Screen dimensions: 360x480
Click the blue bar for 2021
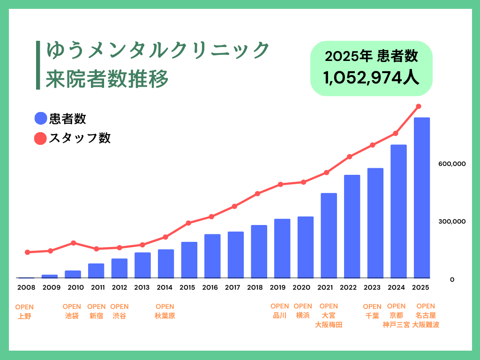click(x=329, y=235)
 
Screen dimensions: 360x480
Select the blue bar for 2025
click(x=422, y=197)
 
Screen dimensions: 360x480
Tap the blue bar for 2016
click(x=212, y=256)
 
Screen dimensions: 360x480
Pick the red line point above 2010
click(x=74, y=243)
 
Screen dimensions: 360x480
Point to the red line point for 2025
click(x=419, y=106)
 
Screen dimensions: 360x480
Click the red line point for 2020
click(x=304, y=182)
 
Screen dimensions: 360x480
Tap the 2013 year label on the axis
click(x=142, y=287)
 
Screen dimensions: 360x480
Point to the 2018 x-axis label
click(x=255, y=287)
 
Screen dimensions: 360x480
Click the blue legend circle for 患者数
click(x=41, y=119)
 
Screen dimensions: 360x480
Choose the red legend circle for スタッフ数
click(x=41, y=138)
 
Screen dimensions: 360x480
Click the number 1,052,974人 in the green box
click(x=371, y=77)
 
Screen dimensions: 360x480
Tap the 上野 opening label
click(x=24, y=316)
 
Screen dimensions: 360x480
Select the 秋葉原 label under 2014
click(x=165, y=315)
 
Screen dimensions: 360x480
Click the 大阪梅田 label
click(x=329, y=324)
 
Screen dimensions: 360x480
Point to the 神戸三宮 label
click(x=396, y=324)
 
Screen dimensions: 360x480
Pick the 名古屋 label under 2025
click(x=426, y=315)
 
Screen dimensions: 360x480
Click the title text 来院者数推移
click(x=107, y=79)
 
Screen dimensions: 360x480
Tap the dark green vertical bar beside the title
click(x=38, y=65)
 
